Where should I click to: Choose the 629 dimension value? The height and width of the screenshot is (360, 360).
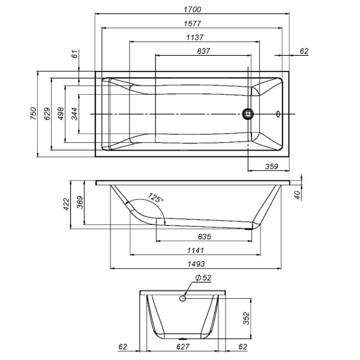(x=47, y=113)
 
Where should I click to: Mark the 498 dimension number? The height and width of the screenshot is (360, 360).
(x=61, y=113)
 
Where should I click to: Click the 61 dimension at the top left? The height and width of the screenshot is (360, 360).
(x=75, y=55)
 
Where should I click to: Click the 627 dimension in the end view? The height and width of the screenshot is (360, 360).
(x=183, y=347)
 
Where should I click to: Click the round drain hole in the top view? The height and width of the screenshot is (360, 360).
(x=247, y=113)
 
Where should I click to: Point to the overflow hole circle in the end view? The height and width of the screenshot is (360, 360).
(x=184, y=298)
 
